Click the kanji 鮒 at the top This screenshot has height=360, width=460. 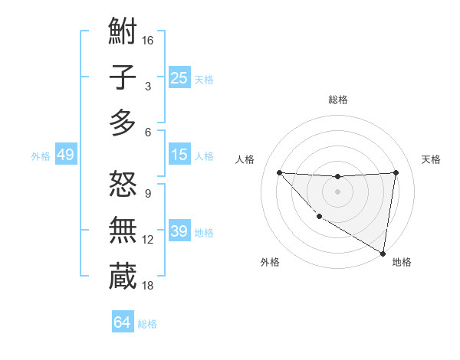click(123, 32)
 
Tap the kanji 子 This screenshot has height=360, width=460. click(123, 78)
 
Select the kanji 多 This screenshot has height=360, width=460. click(123, 123)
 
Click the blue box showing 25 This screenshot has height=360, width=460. click(179, 77)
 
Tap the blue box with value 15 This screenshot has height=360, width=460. click(179, 155)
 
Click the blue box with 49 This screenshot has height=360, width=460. click(65, 155)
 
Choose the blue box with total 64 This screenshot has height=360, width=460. click(122, 322)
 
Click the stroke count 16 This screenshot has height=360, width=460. click(148, 40)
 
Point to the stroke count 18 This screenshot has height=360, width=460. click(148, 285)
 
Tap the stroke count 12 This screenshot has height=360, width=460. click(148, 239)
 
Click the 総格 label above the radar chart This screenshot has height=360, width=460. click(337, 100)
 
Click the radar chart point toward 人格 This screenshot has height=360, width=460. click(279, 172)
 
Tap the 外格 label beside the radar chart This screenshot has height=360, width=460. click(270, 262)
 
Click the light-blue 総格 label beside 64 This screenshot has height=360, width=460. click(147, 324)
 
